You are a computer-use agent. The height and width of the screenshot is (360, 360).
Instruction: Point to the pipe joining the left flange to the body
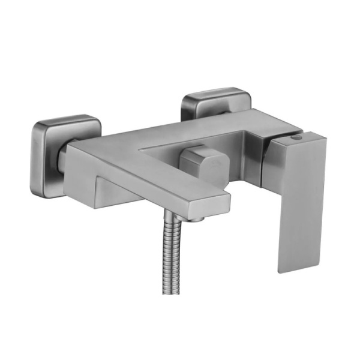tap(62, 157)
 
